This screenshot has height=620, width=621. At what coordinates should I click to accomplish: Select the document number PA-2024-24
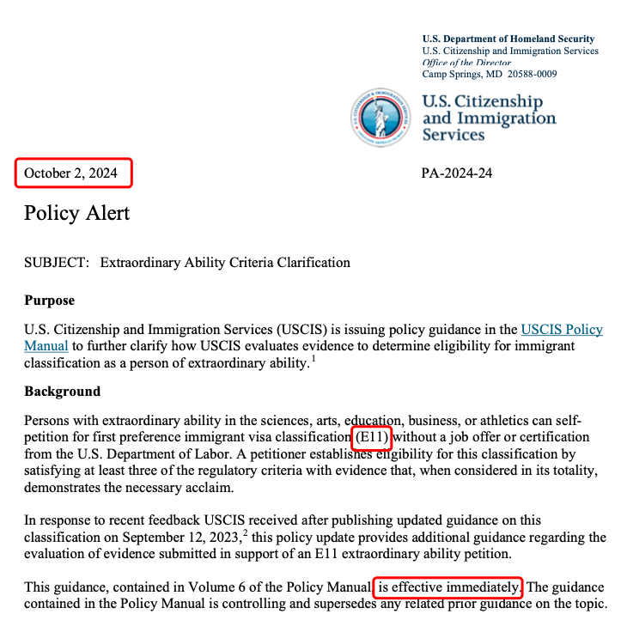point(456,173)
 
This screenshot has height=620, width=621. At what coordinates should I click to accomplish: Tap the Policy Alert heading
point(76,212)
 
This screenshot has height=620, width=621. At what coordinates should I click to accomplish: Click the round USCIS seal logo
point(380,117)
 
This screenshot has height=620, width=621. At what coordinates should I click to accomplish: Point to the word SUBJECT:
point(57,263)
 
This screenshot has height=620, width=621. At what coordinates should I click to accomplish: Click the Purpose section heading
point(49,301)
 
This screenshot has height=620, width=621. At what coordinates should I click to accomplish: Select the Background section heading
point(62,392)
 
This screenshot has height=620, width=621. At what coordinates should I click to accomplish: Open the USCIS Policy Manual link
point(562,330)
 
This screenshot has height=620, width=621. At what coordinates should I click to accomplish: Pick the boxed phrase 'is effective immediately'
point(447,587)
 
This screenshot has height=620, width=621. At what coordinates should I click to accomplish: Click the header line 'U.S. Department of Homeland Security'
point(508,39)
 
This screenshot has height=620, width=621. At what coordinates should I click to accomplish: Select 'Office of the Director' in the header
point(467,63)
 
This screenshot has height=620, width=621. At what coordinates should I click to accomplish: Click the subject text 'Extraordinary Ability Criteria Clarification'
point(225,263)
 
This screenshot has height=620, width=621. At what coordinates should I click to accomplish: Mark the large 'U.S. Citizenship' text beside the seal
point(482,102)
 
